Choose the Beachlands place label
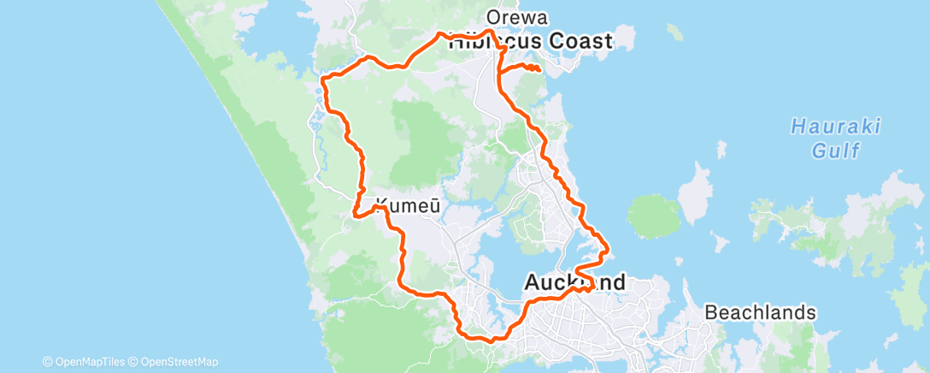pyautogui.click(x=760, y=312)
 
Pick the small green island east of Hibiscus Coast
pyautogui.click(x=675, y=33)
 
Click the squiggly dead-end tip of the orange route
pyautogui.click(x=537, y=68)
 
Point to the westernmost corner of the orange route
pyautogui.click(x=322, y=80)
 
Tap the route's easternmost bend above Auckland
pyautogui.click(x=607, y=252)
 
